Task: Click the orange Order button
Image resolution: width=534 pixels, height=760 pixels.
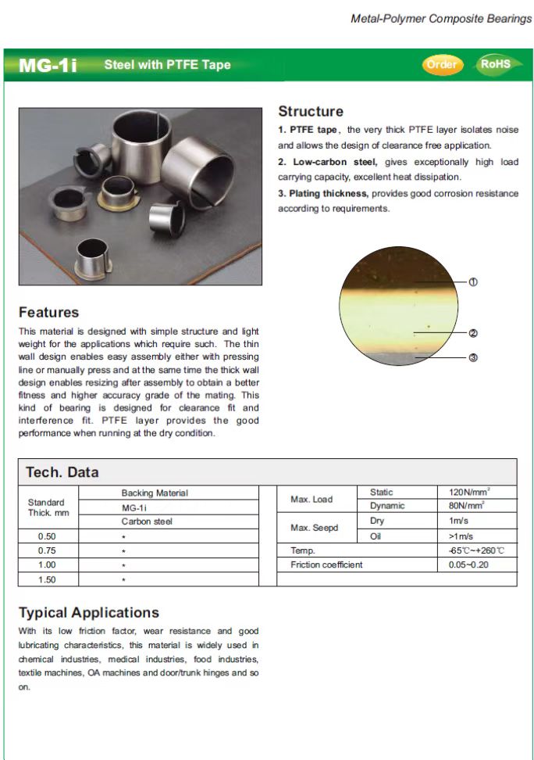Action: [x=442, y=64]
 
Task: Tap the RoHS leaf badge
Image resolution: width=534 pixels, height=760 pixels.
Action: [x=494, y=64]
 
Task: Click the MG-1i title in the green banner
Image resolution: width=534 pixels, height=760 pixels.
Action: [x=48, y=66]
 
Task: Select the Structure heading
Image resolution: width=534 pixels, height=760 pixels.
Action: [x=311, y=112]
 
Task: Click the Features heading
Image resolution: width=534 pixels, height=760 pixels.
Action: [x=48, y=313]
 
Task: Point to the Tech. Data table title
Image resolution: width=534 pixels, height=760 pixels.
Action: [x=62, y=472]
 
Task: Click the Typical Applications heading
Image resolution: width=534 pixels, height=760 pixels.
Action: [x=88, y=613]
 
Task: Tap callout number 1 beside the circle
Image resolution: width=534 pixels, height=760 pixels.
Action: [x=473, y=282]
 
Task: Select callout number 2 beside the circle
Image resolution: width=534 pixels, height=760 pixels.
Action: [x=473, y=333]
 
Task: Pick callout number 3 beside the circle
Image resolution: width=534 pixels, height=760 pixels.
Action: [x=473, y=358]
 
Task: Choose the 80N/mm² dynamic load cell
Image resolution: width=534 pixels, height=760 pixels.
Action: [x=468, y=506]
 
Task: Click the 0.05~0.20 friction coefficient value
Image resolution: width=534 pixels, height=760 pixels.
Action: [x=468, y=565]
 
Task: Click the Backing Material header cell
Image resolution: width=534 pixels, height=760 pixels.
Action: [x=155, y=493]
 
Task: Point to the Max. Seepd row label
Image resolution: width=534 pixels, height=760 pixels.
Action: [x=315, y=528]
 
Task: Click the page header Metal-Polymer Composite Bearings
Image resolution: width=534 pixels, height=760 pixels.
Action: [x=441, y=18]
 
